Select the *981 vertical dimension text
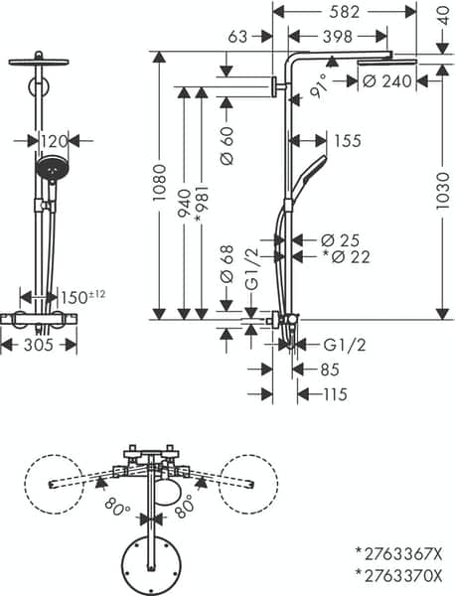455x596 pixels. (x=203, y=207)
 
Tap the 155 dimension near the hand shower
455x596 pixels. (x=347, y=141)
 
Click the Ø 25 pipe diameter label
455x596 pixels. (x=341, y=239)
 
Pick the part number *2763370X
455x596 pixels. (x=399, y=573)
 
